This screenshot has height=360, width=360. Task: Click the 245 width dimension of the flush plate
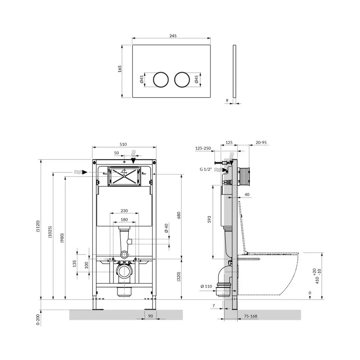pos(173,36)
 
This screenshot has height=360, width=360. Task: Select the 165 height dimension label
pos(120,69)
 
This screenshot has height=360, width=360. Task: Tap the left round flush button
pos(161,80)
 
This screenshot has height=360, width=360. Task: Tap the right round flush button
pos(182,80)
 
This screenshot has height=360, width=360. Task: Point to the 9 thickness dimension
pos(227,100)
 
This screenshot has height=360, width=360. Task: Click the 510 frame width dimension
pos(123,144)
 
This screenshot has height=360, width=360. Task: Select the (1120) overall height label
pos(38,226)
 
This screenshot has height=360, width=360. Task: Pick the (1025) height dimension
pos(50,232)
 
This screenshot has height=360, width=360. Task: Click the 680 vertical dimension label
pos(179,215)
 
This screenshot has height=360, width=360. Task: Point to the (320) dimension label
pos(179,276)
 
